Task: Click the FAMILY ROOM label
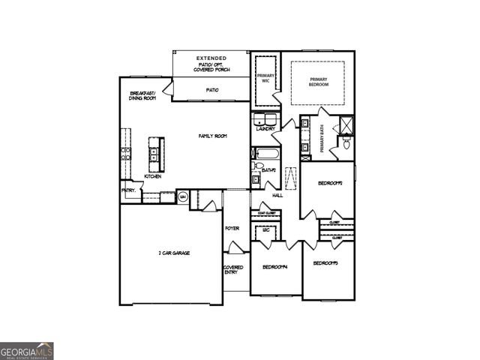point(212,136)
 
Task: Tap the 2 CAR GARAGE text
point(173,253)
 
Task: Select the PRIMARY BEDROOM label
point(319,82)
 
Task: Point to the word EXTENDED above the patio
point(211,58)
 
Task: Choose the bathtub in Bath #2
point(265,157)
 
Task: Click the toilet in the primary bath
point(346,145)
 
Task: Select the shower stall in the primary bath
point(346,124)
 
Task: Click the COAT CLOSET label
point(267,212)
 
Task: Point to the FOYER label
point(232,228)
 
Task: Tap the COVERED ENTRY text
point(232,269)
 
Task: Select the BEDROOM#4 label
point(275,266)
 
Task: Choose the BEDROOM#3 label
point(327,263)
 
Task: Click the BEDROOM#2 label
point(330,183)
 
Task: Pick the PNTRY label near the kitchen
point(128,190)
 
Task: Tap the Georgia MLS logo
point(27,351)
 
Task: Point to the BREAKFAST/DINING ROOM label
point(142,96)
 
